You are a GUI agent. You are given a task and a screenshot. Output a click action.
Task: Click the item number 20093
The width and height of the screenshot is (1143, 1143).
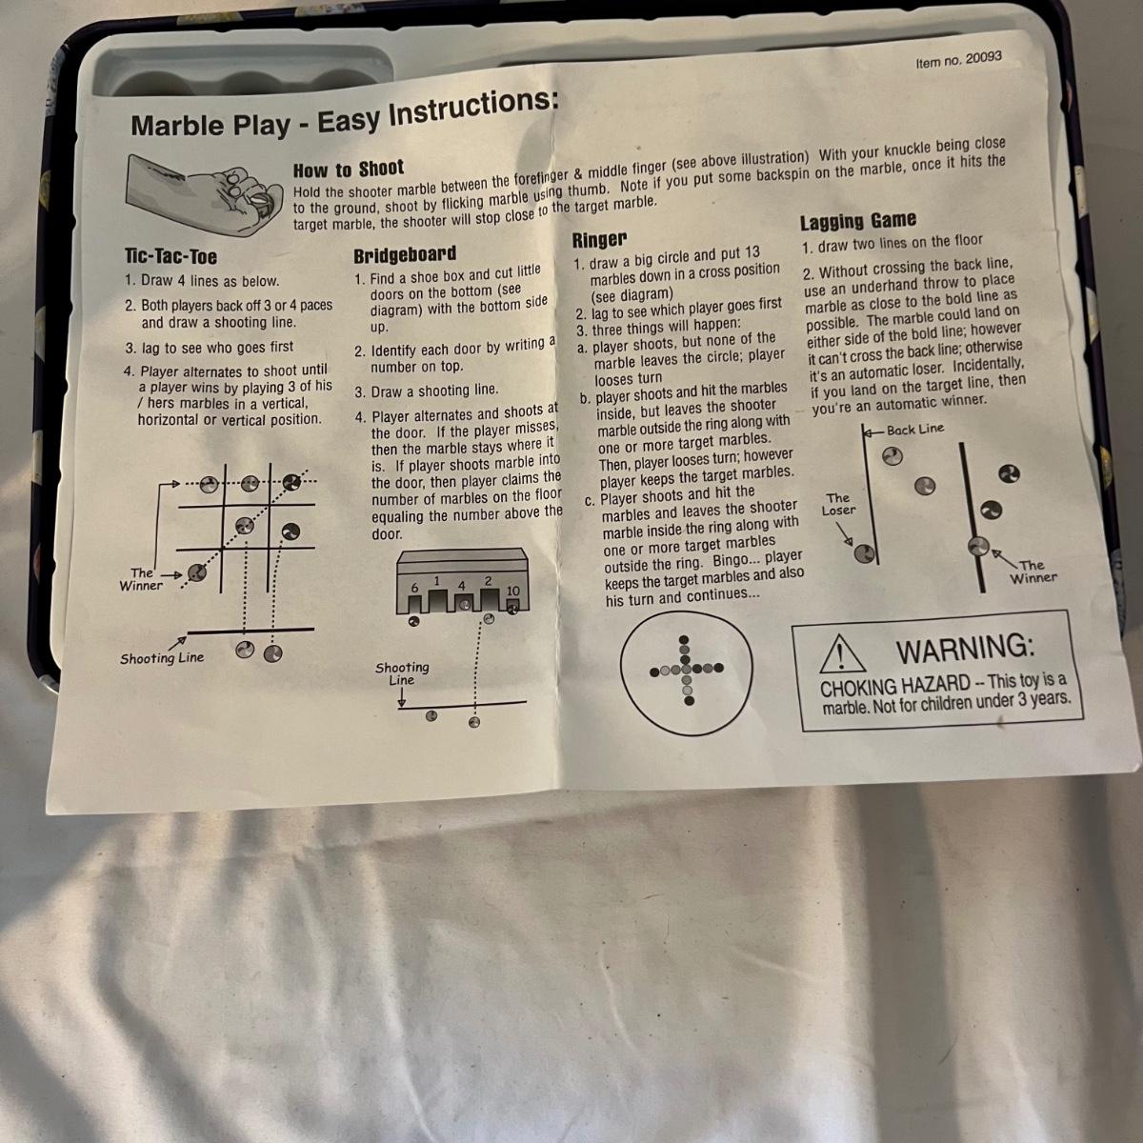(958, 60)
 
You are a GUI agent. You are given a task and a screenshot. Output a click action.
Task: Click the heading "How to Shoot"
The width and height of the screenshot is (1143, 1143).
(349, 169)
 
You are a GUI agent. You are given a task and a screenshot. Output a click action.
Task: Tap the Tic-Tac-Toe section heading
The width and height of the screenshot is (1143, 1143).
(170, 256)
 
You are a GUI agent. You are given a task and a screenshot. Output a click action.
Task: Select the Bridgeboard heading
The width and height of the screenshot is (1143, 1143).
(405, 254)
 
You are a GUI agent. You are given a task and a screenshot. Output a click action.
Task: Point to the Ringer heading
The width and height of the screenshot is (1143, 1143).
(599, 239)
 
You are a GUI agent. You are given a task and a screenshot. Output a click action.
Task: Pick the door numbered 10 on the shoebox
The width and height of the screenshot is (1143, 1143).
(513, 606)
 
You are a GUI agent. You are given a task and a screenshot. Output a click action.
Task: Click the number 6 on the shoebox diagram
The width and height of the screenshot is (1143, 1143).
(414, 588)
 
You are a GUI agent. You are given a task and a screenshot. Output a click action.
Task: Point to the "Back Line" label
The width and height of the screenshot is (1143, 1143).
(915, 429)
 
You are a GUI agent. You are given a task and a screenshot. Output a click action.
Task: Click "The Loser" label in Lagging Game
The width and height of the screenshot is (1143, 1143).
(838, 504)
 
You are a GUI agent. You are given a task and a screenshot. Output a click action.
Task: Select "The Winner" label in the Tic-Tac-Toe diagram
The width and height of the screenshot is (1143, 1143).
(141, 579)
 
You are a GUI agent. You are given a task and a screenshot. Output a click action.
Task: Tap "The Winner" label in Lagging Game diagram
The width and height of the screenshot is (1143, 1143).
(1033, 571)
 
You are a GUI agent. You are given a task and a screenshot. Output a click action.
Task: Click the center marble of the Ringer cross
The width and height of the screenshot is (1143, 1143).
(686, 669)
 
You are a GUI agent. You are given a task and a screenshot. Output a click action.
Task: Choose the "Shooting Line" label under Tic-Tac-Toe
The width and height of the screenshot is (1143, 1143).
(162, 657)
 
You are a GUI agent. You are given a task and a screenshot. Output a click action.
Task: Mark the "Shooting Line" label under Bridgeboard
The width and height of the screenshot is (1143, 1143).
(402, 673)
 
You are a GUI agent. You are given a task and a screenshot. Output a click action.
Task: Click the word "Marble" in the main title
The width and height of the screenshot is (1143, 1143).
(178, 125)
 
